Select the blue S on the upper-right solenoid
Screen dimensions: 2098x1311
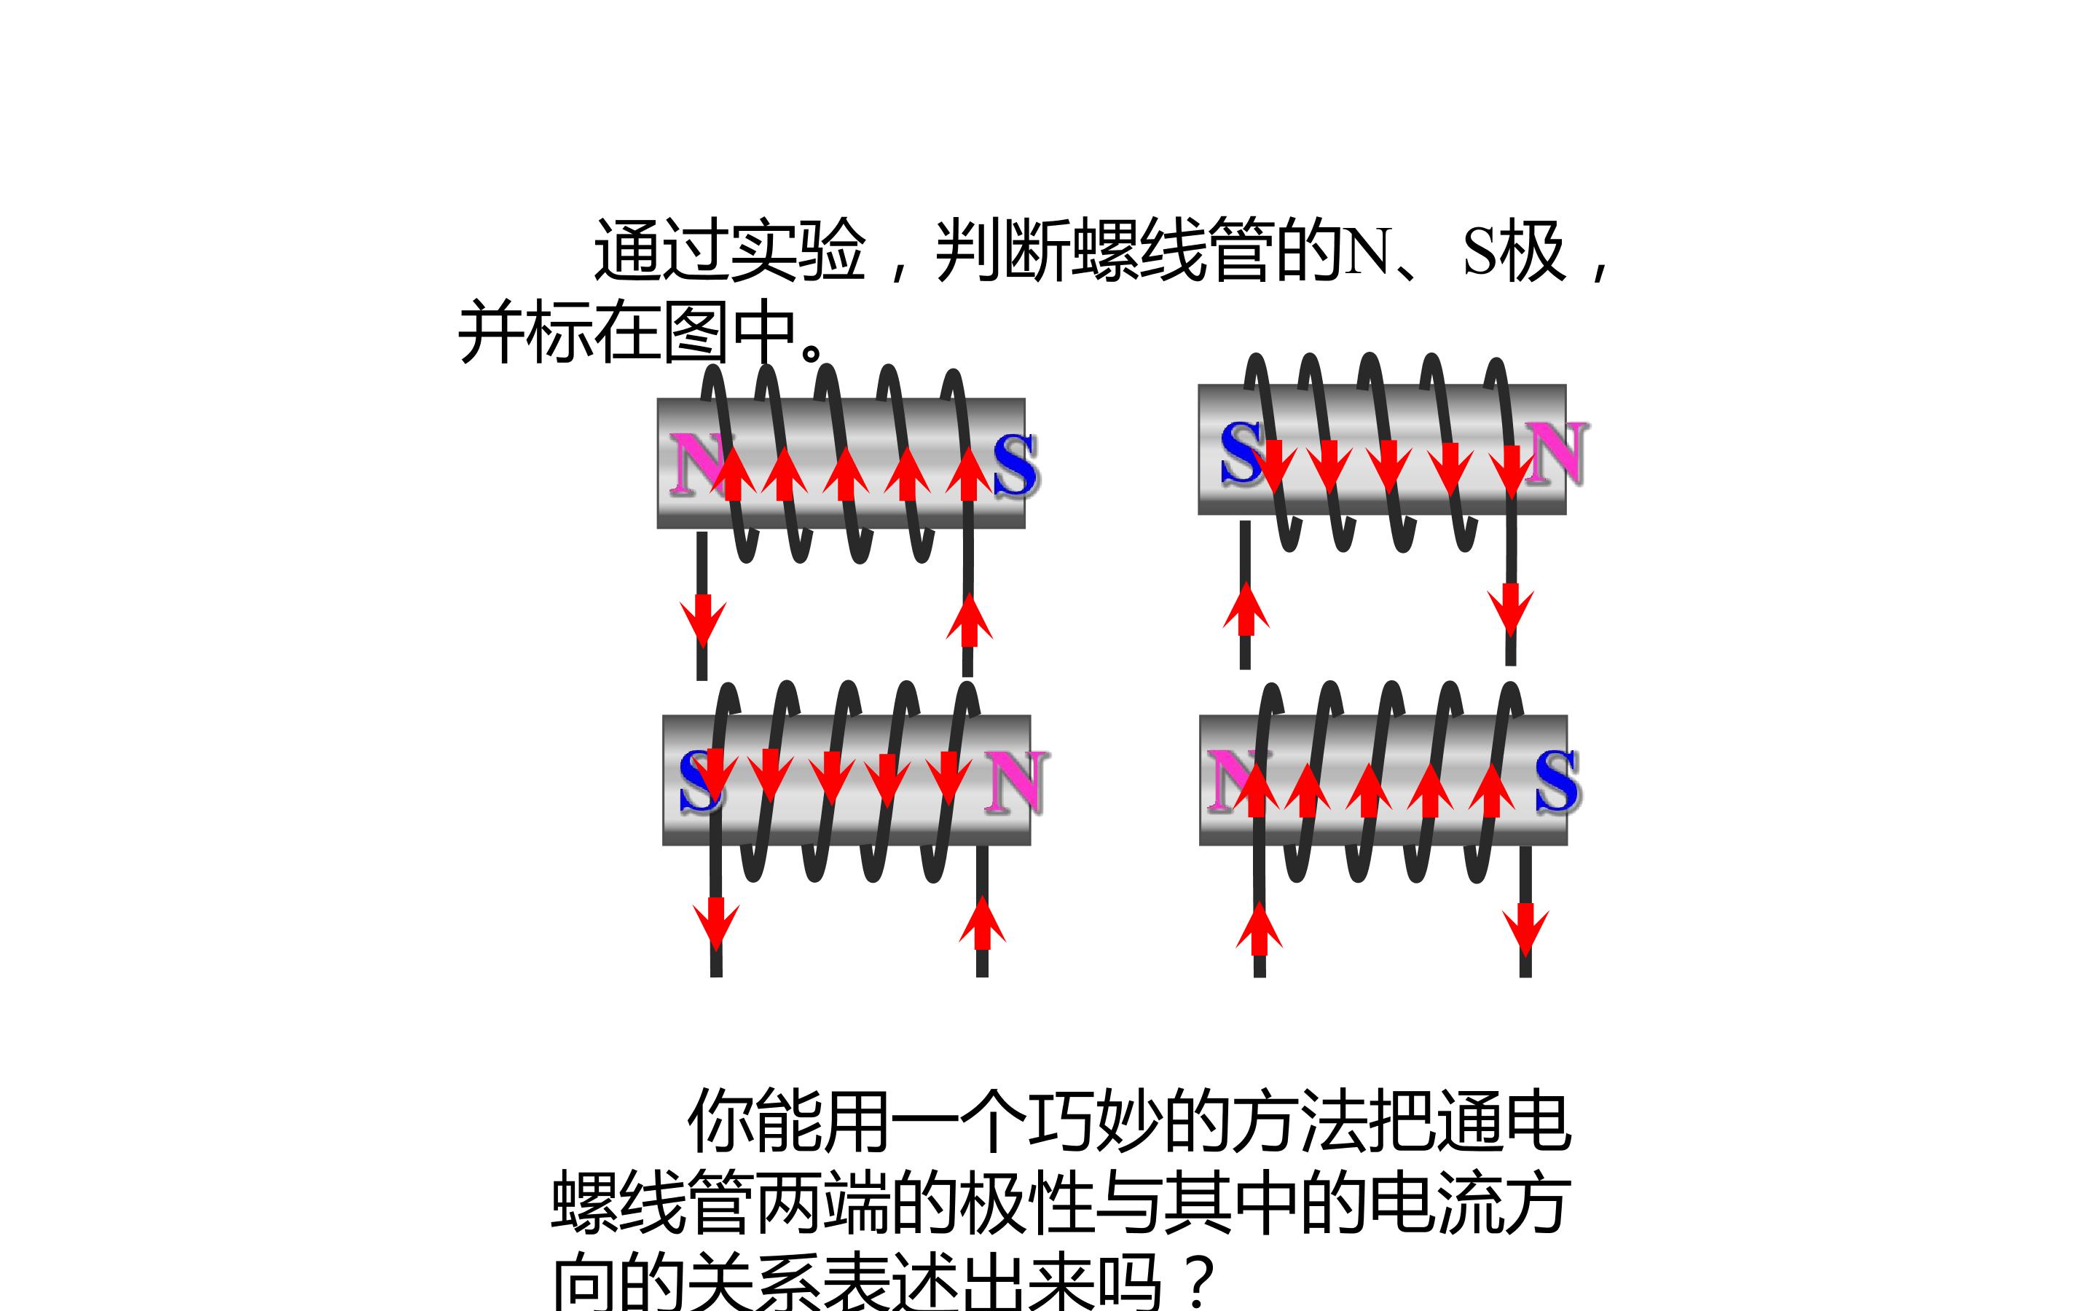pyautogui.click(x=1241, y=452)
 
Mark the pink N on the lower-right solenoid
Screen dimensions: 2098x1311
pyautogui.click(x=1235, y=780)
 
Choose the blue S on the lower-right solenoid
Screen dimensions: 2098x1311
pyautogui.click(x=1556, y=782)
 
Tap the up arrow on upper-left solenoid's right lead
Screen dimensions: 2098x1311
pyautogui.click(x=970, y=619)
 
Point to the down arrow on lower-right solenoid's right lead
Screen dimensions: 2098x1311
pyautogui.click(x=1526, y=930)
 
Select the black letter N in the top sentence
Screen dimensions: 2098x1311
pyautogui.click(x=1368, y=251)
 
